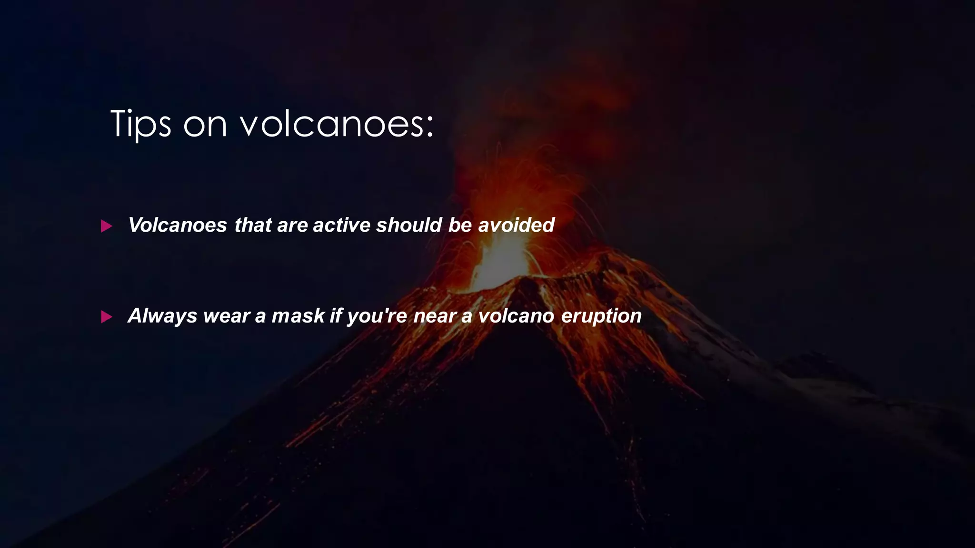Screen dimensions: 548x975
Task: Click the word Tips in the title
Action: coord(140,124)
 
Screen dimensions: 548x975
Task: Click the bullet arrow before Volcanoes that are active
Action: coord(107,226)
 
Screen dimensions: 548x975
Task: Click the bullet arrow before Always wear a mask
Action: coord(107,317)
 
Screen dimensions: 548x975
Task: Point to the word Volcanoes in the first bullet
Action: coord(178,225)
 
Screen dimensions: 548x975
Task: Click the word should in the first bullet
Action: coord(409,225)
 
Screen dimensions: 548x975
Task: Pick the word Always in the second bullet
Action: coord(162,316)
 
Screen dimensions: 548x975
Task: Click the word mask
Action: coord(298,316)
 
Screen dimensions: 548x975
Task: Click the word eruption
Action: coord(601,316)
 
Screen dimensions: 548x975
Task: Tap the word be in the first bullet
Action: coord(460,225)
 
